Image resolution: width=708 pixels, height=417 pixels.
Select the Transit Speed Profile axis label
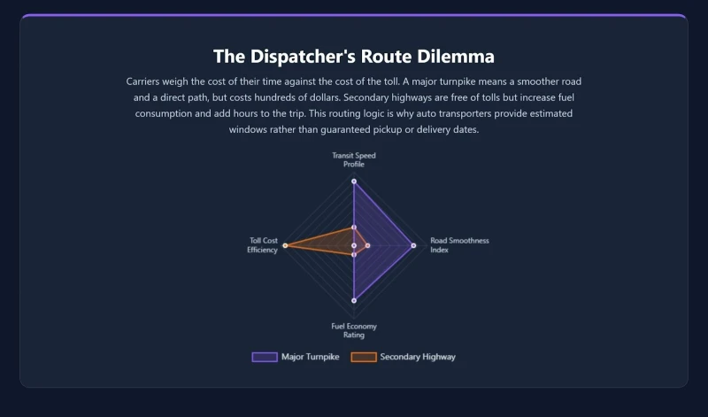(x=354, y=159)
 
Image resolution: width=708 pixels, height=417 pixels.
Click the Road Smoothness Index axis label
(x=459, y=245)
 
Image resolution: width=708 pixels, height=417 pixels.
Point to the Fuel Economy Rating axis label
(x=354, y=331)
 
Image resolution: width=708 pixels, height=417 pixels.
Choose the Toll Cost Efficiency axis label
(x=264, y=245)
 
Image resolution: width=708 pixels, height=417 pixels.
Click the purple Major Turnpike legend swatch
(x=265, y=357)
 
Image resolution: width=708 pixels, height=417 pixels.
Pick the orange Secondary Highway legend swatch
(x=364, y=357)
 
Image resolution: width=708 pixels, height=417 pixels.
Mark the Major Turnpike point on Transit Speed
(x=354, y=181)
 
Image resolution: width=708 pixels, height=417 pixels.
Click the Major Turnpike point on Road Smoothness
(x=413, y=245)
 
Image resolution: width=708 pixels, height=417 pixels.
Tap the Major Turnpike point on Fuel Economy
(x=354, y=300)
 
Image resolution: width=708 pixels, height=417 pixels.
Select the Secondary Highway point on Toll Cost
(x=285, y=245)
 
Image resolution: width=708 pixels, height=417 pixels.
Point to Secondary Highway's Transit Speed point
(x=354, y=228)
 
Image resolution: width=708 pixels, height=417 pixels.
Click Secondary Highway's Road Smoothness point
(x=367, y=245)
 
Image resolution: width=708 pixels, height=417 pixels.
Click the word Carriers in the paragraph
(x=146, y=81)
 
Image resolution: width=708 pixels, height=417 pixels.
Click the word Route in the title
(x=386, y=57)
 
